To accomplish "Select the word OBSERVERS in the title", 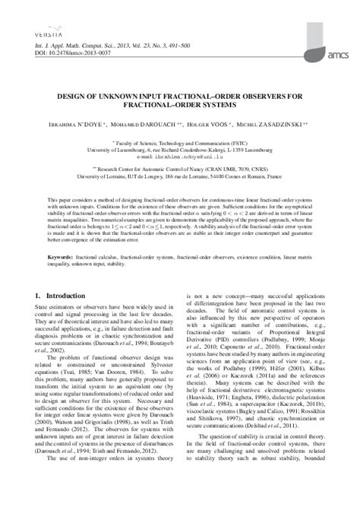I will coord(260,97).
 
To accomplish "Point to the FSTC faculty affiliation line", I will coord(180,142).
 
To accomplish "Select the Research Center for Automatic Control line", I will coord(180,170).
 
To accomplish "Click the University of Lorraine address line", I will coord(180,176).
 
